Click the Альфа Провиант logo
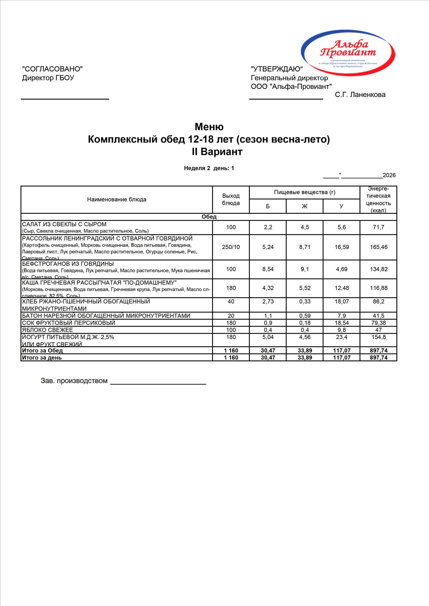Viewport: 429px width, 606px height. click(348, 51)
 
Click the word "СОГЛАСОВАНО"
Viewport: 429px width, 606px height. click(52, 69)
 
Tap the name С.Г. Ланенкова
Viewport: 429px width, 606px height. click(360, 95)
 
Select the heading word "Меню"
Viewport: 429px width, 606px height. click(209, 127)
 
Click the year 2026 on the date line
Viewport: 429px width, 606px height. click(389, 175)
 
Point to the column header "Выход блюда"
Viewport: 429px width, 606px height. click(231, 200)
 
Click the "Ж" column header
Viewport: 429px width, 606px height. click(305, 206)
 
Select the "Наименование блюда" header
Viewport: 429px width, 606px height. click(117, 200)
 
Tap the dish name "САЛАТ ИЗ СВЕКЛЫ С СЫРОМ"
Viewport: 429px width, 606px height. click(64, 224)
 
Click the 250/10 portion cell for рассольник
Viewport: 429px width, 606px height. click(231, 247)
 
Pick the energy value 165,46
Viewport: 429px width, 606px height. click(378, 247)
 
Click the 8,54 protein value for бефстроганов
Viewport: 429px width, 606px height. click(268, 269)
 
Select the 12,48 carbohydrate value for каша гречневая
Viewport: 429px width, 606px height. click(341, 288)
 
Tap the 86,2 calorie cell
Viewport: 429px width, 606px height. click(378, 302)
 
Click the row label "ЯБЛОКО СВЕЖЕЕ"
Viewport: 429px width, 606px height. click(48, 330)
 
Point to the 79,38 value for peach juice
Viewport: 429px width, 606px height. click(378, 323)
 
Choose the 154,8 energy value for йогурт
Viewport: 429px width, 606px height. click(378, 337)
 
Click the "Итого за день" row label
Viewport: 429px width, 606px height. click(42, 358)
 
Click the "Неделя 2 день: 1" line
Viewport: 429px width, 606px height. click(209, 168)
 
